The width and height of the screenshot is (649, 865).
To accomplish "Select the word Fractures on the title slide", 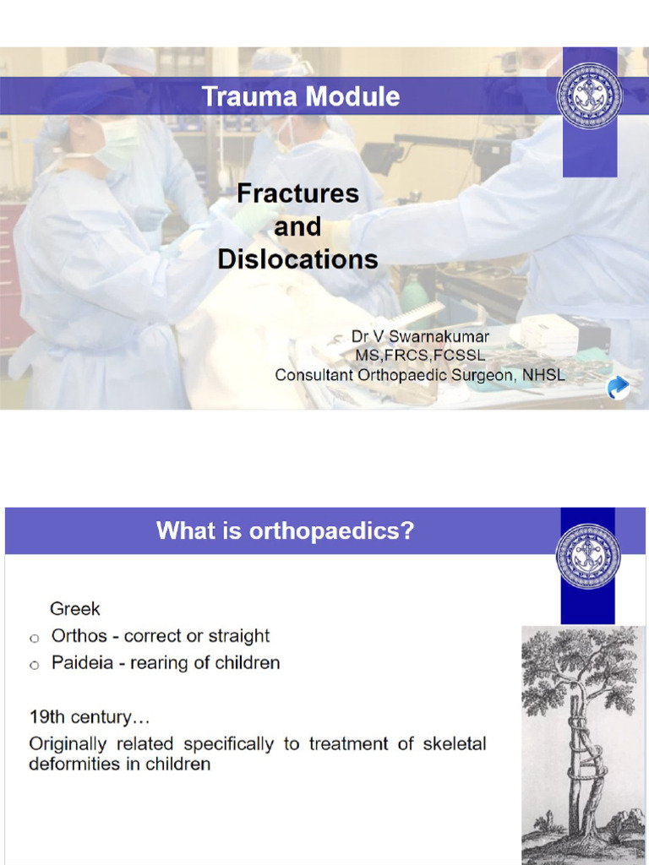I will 297,193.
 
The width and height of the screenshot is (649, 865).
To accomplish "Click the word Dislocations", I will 297,258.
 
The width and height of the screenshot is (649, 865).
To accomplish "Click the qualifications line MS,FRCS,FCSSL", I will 420,356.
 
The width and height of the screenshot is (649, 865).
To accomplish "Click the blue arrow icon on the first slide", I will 619,387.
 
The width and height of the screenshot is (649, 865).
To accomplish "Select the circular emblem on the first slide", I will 589,95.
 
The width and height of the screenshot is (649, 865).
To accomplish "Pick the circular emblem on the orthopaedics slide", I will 588,556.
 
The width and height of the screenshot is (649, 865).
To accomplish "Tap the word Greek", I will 75,608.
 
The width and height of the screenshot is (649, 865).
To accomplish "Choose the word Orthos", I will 79,636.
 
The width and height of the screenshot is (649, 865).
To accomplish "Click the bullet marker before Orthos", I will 35,638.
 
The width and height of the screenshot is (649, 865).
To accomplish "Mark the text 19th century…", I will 90,719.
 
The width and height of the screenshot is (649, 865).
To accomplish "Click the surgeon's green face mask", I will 116,141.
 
